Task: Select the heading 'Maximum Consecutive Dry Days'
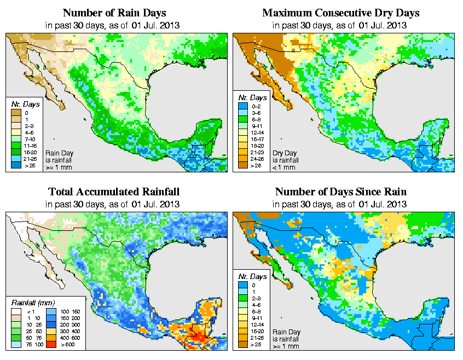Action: [341, 13]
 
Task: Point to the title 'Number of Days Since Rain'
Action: [341, 192]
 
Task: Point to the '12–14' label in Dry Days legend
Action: [257, 132]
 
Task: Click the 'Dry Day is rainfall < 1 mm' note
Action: [287, 159]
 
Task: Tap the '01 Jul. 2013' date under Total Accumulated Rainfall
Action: [155, 204]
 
